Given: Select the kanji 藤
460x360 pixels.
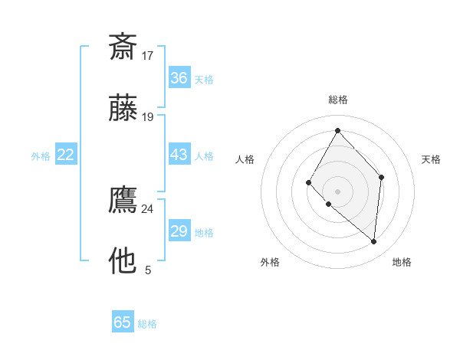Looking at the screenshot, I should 123,109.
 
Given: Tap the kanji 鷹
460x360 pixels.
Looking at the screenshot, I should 123,200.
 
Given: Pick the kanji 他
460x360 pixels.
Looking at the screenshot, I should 123,261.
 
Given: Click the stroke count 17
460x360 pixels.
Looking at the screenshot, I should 148,55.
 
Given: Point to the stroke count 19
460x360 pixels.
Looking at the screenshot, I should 148,117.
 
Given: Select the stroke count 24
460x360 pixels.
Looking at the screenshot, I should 147,208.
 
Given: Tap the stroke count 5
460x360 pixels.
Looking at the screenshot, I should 148,270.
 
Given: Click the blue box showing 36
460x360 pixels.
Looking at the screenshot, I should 179,78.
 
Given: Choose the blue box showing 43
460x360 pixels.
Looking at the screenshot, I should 179,155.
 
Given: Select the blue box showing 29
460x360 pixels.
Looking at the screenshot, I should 179,231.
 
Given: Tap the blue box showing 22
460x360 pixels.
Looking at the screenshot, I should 66,155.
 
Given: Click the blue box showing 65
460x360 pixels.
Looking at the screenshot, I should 123,322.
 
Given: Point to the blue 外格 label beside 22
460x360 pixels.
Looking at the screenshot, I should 41,156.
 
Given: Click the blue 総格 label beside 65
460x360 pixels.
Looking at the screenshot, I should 147,324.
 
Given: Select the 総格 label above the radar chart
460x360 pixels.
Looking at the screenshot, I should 337,100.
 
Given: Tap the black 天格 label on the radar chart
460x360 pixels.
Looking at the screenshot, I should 431,159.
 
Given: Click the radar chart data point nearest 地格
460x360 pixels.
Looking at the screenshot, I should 373,241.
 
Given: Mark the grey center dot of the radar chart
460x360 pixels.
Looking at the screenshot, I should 337,191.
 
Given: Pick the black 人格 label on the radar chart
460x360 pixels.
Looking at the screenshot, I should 245,159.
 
